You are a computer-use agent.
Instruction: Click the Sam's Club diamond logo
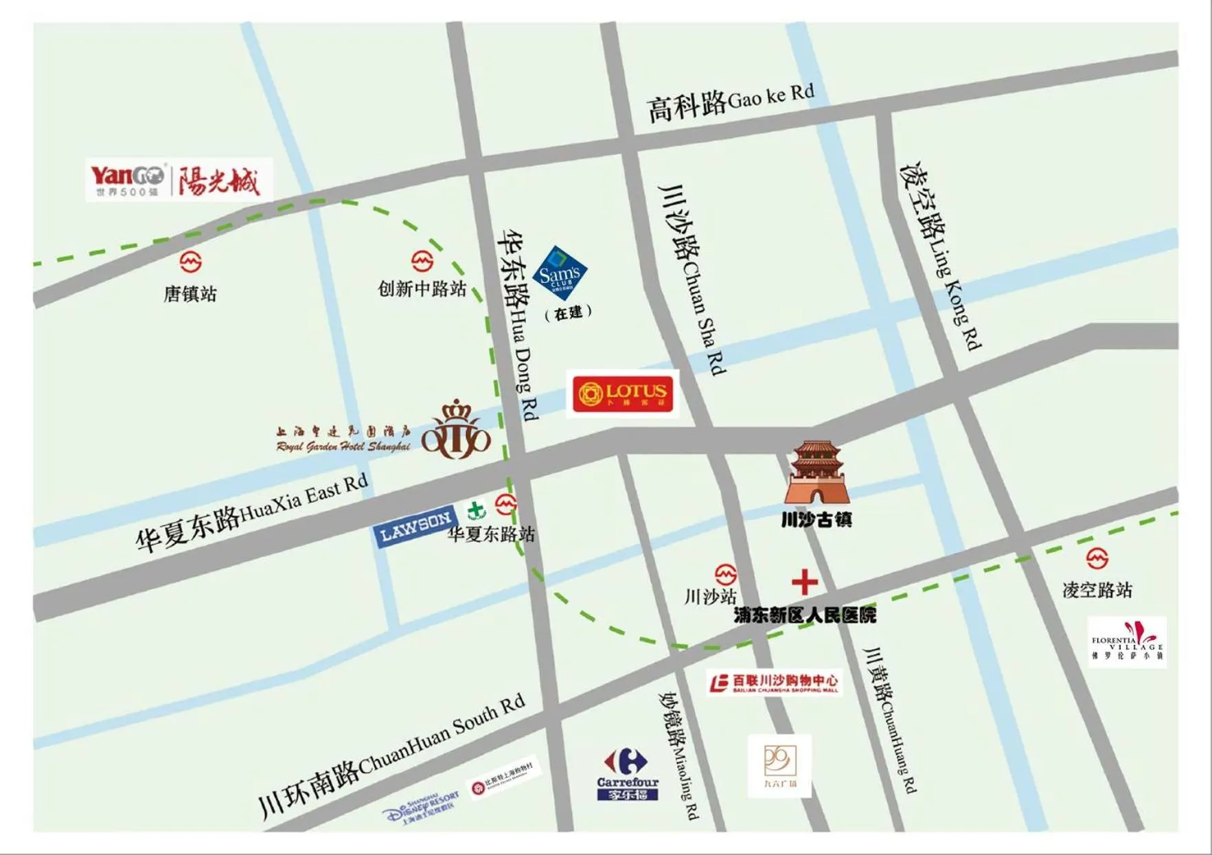(x=560, y=273)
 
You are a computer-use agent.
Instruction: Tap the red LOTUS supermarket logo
(x=622, y=394)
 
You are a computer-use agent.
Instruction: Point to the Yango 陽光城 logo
(x=179, y=180)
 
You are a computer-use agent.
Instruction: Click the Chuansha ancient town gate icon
(x=816, y=474)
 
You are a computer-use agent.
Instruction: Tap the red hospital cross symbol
(x=804, y=582)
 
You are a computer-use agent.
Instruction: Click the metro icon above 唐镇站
(x=190, y=262)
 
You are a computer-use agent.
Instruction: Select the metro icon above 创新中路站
(x=422, y=261)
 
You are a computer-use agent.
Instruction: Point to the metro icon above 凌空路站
(x=1097, y=558)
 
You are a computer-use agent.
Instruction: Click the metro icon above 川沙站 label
(x=725, y=573)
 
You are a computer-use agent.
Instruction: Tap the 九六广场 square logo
(x=779, y=765)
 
